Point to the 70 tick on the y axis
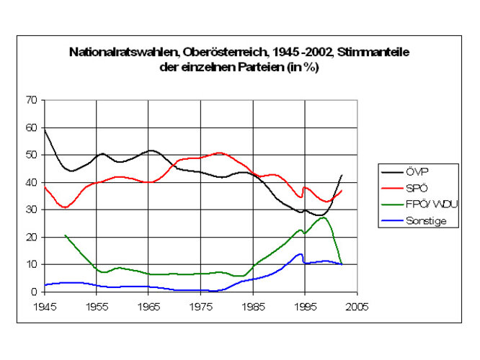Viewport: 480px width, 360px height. pos(31,100)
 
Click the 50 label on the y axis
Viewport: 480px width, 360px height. pos(31,155)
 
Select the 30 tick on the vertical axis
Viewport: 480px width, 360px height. pos(31,210)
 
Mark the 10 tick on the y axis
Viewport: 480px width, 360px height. pos(31,264)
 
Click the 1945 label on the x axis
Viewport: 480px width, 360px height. pos(45,306)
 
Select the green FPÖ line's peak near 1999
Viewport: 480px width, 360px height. pos(324,217)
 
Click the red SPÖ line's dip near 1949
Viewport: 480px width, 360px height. pos(66,207)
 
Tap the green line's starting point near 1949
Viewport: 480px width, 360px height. pos(66,235)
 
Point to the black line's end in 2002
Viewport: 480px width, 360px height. pos(341,175)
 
